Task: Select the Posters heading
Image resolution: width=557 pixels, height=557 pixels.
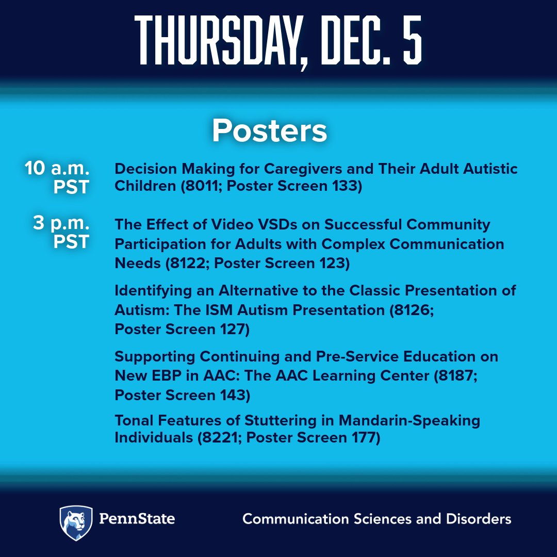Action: point(269,131)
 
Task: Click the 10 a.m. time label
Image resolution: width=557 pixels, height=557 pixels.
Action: point(57,169)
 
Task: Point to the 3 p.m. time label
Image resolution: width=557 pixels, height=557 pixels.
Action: point(61,224)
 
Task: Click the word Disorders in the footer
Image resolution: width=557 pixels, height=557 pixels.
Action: point(477,519)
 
